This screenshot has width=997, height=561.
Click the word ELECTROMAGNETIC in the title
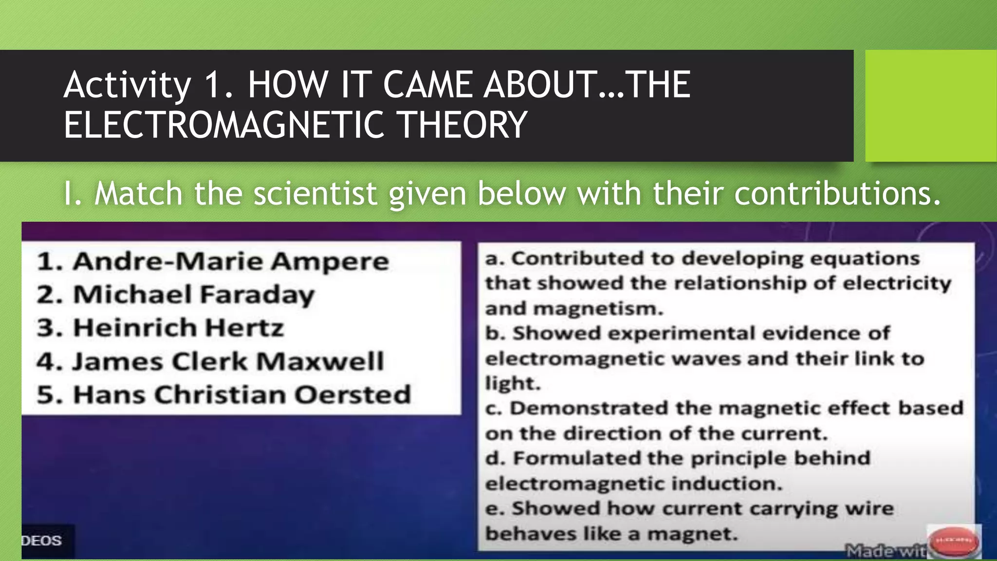pyautogui.click(x=225, y=125)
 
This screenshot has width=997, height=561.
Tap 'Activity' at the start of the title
pyautogui.click(x=127, y=85)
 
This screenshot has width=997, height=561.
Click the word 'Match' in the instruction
pyautogui.click(x=139, y=193)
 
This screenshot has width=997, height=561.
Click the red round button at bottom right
pyautogui.click(x=955, y=541)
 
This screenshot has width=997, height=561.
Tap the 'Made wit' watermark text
pyautogui.click(x=886, y=551)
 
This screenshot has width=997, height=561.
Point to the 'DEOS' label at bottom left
pyautogui.click(x=42, y=541)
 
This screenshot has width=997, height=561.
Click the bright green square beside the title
pyautogui.click(x=930, y=106)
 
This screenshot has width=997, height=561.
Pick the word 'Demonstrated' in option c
pyautogui.click(x=589, y=408)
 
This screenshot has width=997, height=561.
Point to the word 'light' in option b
pyautogui.click(x=512, y=383)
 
